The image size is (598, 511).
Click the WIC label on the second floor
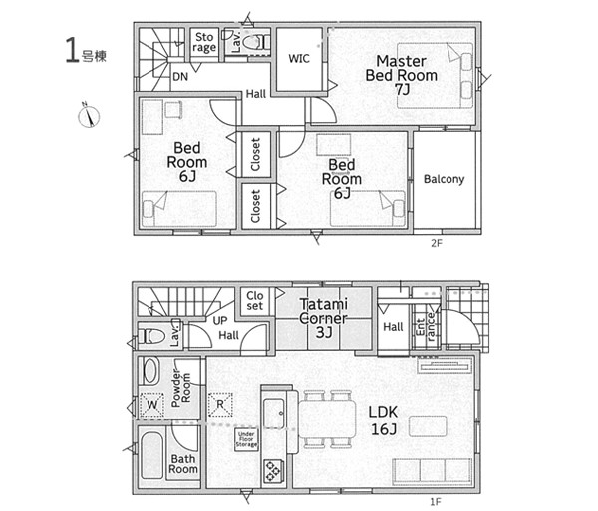299,59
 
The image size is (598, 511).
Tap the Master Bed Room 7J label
402,75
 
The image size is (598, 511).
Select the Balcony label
444,179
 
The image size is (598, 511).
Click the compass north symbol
89,116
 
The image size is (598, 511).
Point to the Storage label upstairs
204,42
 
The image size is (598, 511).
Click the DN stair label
180,77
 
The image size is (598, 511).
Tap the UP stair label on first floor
220,321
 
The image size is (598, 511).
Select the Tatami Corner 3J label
323,318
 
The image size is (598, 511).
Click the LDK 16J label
384,420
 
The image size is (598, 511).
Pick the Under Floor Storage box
246,439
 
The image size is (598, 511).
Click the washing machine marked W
152,405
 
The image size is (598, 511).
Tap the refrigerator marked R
220,404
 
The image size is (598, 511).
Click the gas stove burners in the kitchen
273,470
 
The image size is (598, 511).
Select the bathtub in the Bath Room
151,455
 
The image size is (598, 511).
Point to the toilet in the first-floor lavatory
151,336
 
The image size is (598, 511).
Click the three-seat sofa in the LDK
433,470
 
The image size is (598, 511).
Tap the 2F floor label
437,243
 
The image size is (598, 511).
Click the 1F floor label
436,501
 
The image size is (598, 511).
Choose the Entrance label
426,327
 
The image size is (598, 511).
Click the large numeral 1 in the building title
72,50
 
